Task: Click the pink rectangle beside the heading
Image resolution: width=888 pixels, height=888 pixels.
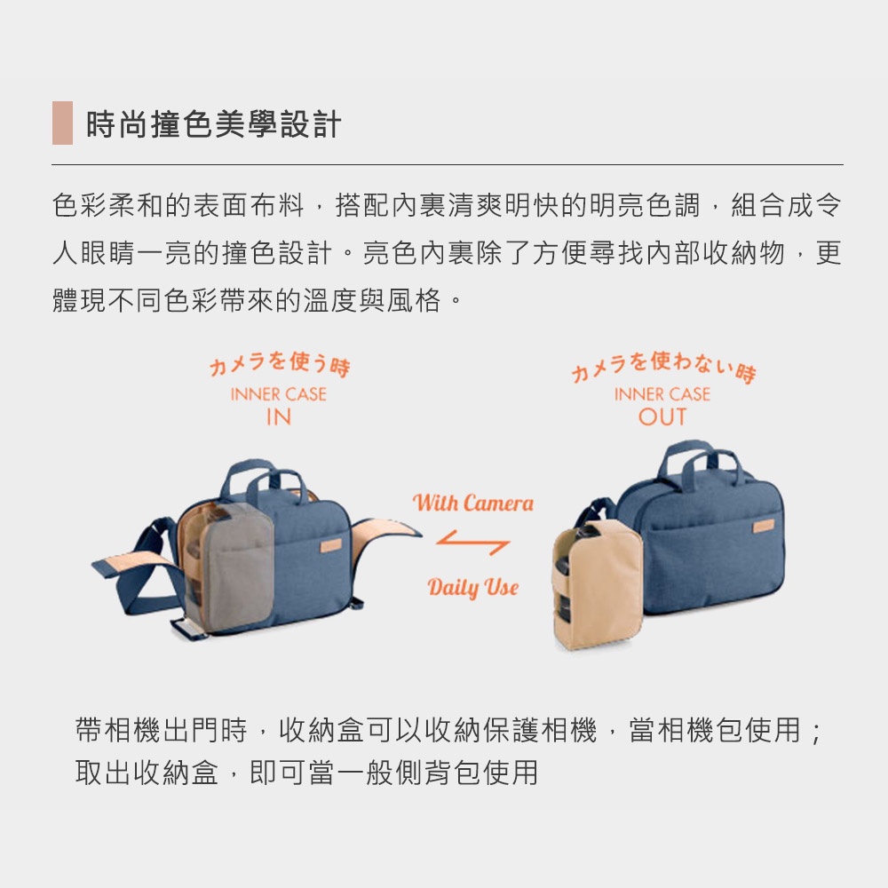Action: [62, 123]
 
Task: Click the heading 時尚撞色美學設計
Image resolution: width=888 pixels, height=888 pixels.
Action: [213, 124]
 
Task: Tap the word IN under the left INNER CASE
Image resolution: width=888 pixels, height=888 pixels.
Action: [279, 417]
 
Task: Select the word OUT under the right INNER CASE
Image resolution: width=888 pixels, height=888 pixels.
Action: [662, 417]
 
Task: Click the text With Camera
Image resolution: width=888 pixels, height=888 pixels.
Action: [473, 503]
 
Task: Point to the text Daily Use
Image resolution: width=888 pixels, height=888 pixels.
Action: [473, 587]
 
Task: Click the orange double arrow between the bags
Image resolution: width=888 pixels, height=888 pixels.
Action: [473, 542]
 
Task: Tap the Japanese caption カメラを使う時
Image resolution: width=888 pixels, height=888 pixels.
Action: [280, 364]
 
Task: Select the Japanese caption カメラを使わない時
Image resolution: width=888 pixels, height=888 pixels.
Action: [663, 367]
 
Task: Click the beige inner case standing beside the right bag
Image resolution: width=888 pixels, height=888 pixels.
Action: [597, 585]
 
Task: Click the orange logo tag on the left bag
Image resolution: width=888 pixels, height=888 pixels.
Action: [330, 545]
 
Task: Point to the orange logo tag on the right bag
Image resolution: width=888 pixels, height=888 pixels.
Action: [763, 527]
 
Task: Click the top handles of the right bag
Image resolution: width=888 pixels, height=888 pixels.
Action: [700, 462]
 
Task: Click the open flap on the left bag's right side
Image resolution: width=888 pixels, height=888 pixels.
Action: [385, 531]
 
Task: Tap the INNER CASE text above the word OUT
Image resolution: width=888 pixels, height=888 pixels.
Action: [662, 394]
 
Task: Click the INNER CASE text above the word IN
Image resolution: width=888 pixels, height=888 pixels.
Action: [279, 394]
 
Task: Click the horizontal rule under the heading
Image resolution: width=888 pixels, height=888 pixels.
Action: [448, 165]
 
